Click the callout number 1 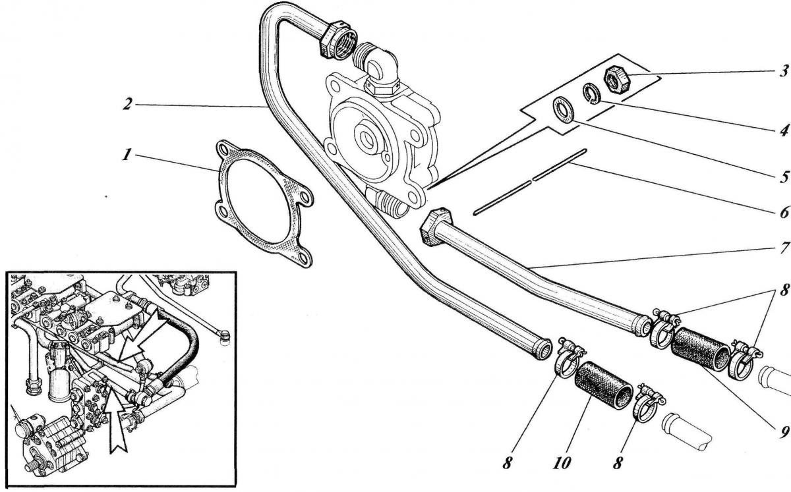click(127, 154)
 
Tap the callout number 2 click(128, 104)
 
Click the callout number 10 click(562, 463)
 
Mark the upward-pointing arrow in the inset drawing click(117, 424)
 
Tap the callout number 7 click(784, 248)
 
